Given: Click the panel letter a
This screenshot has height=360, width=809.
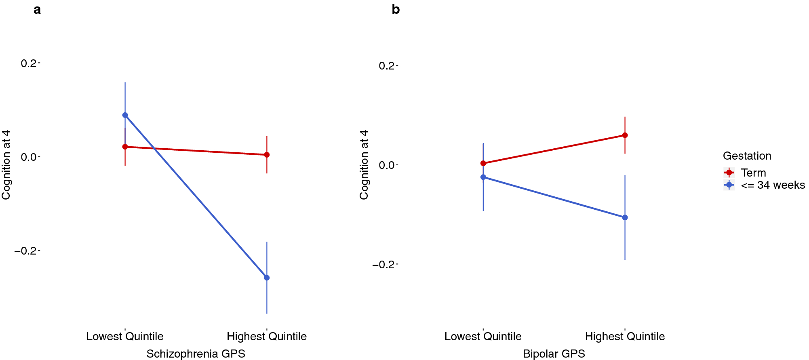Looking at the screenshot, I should [x=37, y=10].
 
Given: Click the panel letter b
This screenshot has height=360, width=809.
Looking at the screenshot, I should [x=396, y=10].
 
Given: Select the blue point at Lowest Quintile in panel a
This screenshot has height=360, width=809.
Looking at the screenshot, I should [x=125, y=115].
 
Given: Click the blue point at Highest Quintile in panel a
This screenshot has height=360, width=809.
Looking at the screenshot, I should [x=267, y=278].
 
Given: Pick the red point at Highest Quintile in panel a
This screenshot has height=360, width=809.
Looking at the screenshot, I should [x=267, y=155].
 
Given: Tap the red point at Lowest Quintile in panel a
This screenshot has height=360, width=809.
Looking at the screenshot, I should [x=125, y=147].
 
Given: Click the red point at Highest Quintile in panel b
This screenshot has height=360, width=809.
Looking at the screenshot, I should [x=625, y=135].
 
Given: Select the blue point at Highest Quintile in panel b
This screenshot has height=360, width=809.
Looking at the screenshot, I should [x=625, y=217].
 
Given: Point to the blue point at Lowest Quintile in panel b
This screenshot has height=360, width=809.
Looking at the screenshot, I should [x=483, y=177].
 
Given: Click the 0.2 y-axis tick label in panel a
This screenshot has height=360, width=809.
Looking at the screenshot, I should [x=29, y=63].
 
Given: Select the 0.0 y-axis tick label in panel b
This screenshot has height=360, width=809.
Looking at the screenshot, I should [x=387, y=165].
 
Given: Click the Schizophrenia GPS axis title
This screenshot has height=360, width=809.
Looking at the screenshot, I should [x=196, y=354].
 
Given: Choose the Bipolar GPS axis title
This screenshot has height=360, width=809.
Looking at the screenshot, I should [x=554, y=354].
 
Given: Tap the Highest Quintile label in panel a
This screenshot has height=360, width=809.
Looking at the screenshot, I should [x=267, y=337].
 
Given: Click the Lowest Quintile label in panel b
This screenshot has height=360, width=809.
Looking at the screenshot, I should [x=483, y=337].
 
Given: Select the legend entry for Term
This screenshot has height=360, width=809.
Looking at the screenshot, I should [x=753, y=173].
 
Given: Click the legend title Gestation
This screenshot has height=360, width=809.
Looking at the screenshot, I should [x=747, y=156].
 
